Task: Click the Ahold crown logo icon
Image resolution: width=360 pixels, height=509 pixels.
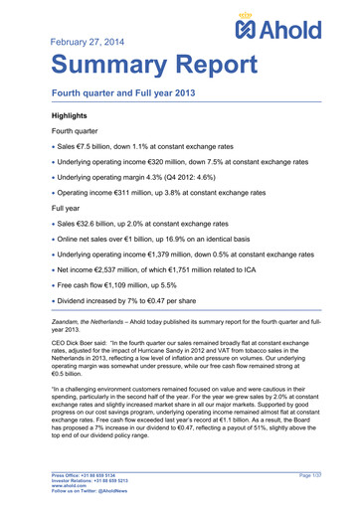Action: tap(252, 25)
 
